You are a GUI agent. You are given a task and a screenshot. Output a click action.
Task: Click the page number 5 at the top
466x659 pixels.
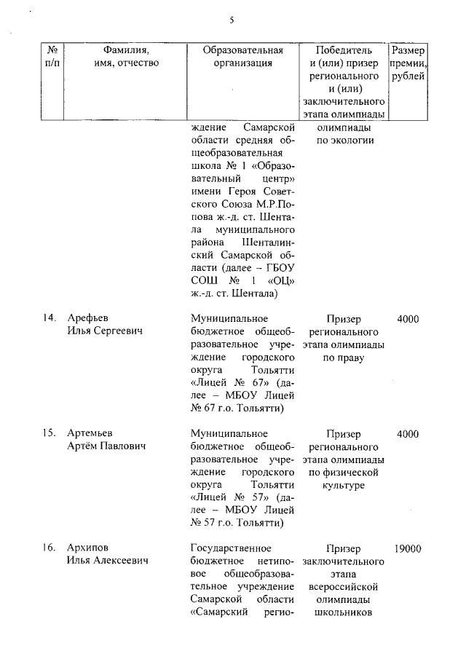pyautogui.click(x=232, y=20)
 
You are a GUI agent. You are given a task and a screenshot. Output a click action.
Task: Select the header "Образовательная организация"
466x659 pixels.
pyautogui.click(x=242, y=57)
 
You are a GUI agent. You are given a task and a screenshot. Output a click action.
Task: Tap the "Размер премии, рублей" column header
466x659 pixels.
pyautogui.click(x=409, y=63)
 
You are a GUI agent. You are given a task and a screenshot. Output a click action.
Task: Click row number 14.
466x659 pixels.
pyautogui.click(x=49, y=318)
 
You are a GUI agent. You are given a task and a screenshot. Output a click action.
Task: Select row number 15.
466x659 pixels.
pyautogui.click(x=49, y=434)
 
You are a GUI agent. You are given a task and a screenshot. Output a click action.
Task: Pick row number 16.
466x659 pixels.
pyautogui.click(x=49, y=548)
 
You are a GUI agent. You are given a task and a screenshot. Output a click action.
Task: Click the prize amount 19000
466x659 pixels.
pyautogui.click(x=408, y=548)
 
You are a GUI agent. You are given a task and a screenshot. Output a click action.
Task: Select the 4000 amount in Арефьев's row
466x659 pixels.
pyautogui.click(x=408, y=318)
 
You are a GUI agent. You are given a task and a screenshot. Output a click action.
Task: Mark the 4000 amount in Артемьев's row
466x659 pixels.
pyautogui.click(x=408, y=434)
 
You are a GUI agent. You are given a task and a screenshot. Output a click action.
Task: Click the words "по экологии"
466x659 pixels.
pyautogui.click(x=344, y=141)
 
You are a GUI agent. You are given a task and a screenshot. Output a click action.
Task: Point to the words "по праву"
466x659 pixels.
pyautogui.click(x=344, y=358)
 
